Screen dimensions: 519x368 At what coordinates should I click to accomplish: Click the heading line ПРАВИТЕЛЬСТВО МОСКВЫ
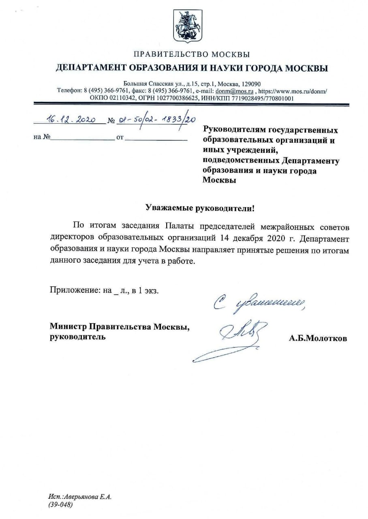[x=192, y=54]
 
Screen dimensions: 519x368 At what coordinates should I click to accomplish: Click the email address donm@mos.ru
[x=240, y=91]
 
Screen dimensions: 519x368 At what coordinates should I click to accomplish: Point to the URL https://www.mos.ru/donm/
[x=292, y=91]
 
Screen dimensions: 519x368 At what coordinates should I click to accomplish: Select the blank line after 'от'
[x=156, y=139]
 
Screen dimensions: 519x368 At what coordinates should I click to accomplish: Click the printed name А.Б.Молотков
[x=318, y=339]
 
